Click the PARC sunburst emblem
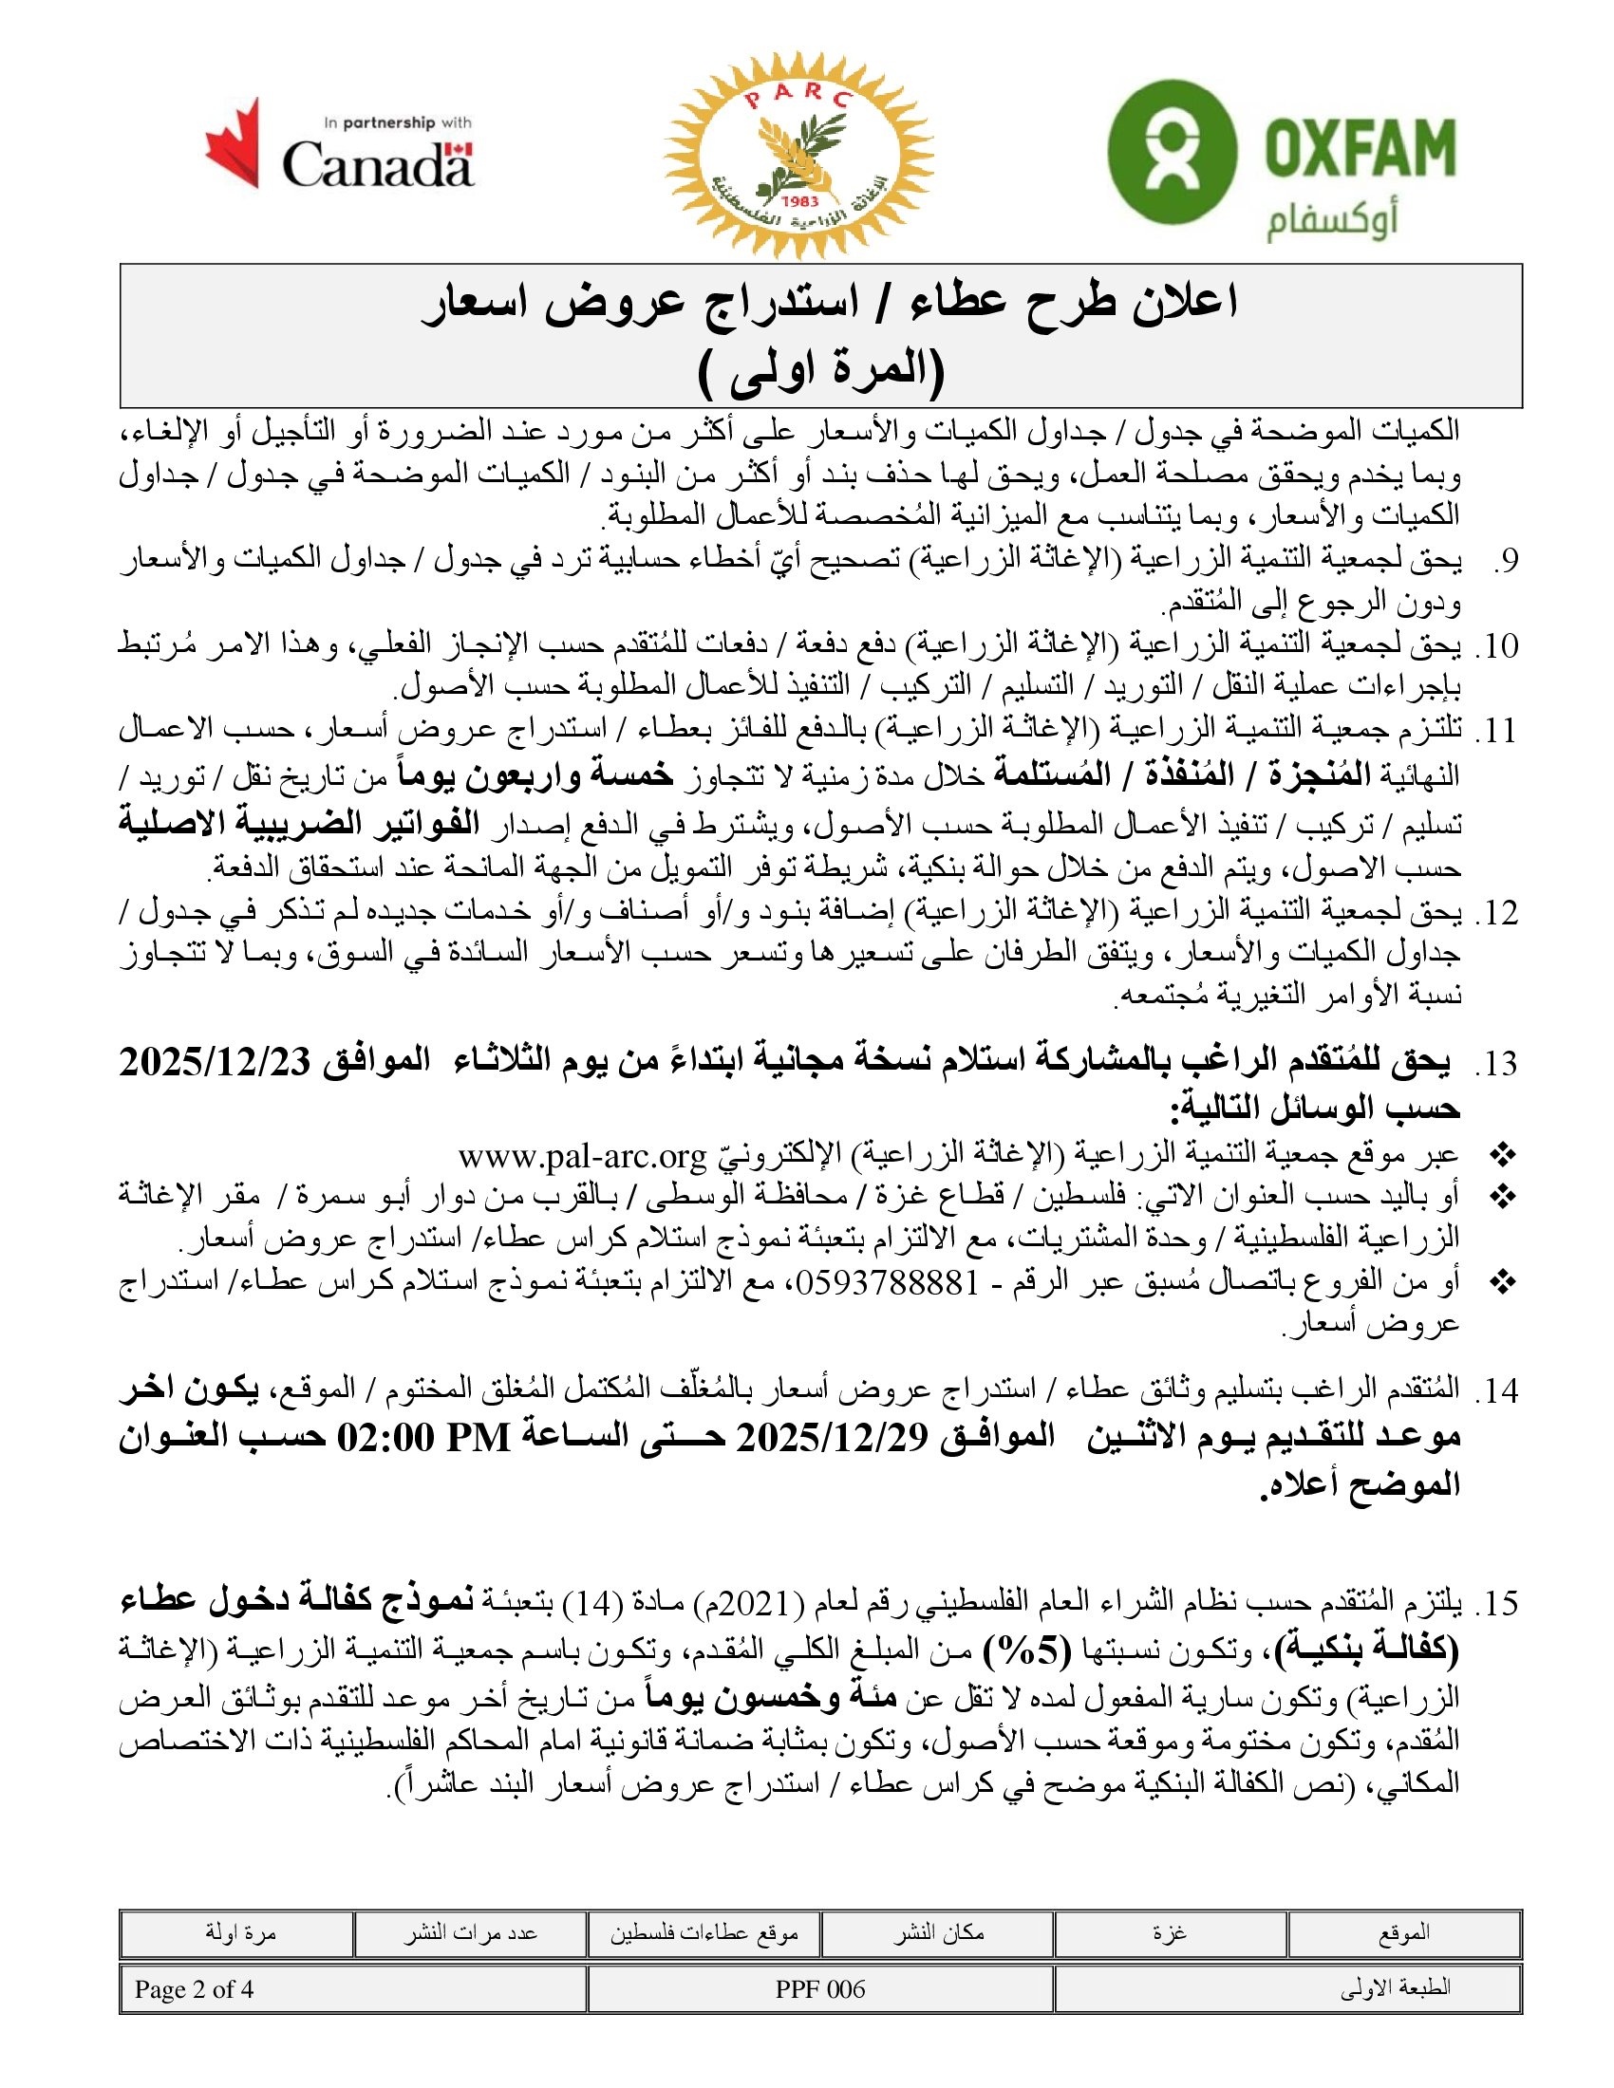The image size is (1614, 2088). point(798,155)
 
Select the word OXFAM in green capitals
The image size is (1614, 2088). point(1360,148)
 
